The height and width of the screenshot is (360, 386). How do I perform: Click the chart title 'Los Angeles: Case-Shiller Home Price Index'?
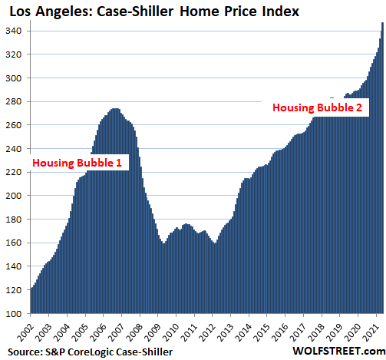(x=154, y=12)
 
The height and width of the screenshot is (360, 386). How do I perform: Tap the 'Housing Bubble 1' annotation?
(x=77, y=163)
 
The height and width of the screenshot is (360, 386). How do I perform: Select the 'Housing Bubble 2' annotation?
(x=317, y=107)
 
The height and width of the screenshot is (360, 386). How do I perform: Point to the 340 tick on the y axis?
(x=13, y=31)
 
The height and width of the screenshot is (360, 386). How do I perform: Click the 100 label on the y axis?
(x=13, y=314)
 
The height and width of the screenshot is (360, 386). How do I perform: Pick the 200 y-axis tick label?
(x=13, y=196)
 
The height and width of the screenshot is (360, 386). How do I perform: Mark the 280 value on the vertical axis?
(x=13, y=101)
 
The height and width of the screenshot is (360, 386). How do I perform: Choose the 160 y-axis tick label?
(x=13, y=243)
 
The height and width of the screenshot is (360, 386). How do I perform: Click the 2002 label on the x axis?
(x=25, y=332)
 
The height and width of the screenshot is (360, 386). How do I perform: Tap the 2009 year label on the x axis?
(x=153, y=332)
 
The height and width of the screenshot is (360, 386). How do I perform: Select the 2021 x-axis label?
(x=371, y=332)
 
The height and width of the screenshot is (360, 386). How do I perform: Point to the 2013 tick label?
(x=226, y=332)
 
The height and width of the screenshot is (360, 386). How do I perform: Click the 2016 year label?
(x=280, y=332)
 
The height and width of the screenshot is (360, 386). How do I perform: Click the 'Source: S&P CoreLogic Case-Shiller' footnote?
(x=90, y=352)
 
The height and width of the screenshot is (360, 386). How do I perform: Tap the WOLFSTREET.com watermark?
(x=339, y=351)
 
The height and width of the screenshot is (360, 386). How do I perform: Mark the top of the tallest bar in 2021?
(x=382, y=23)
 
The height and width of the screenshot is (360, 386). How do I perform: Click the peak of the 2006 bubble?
(x=115, y=109)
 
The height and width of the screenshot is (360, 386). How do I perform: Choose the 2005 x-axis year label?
(x=80, y=332)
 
